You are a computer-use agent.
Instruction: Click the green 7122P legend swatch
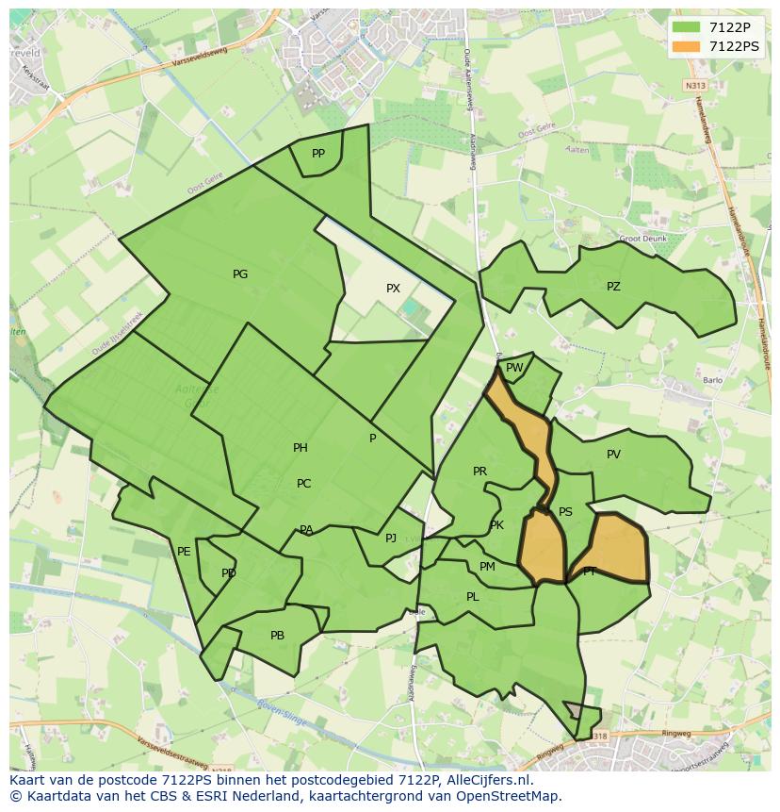point(687,27)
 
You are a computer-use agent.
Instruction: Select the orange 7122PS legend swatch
point(687,46)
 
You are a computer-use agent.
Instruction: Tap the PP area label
point(318,154)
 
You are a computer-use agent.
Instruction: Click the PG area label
point(240,274)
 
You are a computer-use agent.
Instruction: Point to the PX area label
point(393,289)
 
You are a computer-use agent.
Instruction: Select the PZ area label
point(613,287)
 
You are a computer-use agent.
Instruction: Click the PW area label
point(514,368)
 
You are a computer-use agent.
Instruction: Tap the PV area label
point(613,455)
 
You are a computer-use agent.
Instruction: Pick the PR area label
point(479,472)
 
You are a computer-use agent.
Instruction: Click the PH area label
point(301,448)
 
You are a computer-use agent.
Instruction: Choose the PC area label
point(303,484)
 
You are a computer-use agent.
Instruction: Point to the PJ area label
point(391,539)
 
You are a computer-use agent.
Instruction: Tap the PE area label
point(184,552)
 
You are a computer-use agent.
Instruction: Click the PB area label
point(277,636)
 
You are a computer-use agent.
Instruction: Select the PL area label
point(472,597)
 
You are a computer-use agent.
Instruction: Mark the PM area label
point(487,567)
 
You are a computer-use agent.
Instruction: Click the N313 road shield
point(694,85)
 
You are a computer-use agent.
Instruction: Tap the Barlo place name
point(712,381)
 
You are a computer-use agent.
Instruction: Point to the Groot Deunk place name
point(643,239)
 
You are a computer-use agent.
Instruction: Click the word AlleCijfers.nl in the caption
point(488,780)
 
